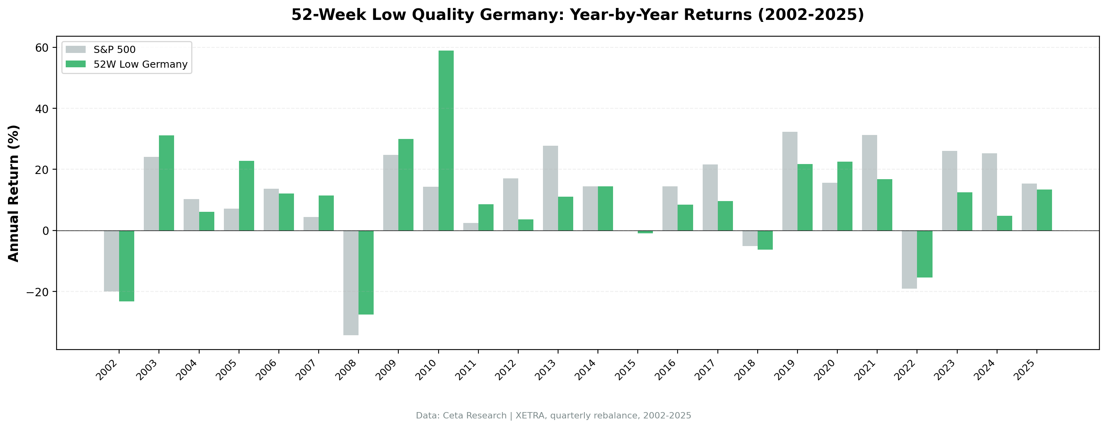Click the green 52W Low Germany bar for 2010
[x=446, y=141]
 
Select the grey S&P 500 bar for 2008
[x=351, y=283]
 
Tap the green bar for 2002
[x=126, y=266]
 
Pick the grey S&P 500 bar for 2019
[x=790, y=181]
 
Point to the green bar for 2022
[x=925, y=254]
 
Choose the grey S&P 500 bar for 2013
[x=550, y=188]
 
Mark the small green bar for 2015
[x=645, y=232]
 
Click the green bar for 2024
[x=1004, y=223]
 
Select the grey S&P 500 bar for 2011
[x=470, y=227]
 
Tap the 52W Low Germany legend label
[x=141, y=64]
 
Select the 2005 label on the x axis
[x=227, y=370]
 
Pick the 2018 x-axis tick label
[x=745, y=370]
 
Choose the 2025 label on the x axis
[x=1025, y=370]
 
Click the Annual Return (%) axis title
[x=14, y=193]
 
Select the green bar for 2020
[x=844, y=196]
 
